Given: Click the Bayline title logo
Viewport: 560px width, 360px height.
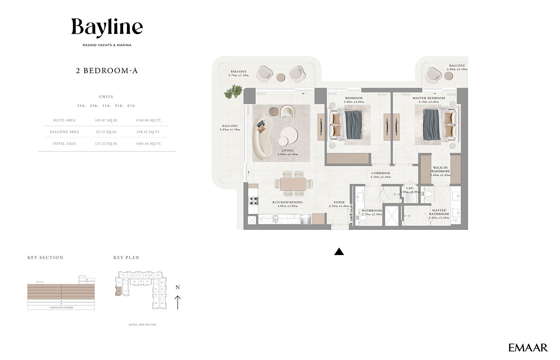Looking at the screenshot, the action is point(107,28).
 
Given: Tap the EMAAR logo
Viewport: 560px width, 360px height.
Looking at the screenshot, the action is point(528,347).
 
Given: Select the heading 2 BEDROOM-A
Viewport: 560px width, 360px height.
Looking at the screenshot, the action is point(107,70).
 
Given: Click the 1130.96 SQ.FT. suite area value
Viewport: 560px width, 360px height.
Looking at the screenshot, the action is point(148,120).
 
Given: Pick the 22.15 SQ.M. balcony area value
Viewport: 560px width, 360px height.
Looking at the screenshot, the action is point(106,132).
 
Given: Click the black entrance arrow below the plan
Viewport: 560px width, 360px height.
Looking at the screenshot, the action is point(339,252).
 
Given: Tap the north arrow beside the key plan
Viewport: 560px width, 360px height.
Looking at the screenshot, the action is point(178,302).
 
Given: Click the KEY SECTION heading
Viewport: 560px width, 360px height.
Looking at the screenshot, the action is point(45,258).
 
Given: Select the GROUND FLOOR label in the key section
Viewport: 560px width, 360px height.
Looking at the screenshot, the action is point(61,308).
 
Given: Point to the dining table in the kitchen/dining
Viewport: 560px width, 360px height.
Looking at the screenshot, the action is point(293,184).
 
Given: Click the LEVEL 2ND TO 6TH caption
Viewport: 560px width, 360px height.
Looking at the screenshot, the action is point(142,324).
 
